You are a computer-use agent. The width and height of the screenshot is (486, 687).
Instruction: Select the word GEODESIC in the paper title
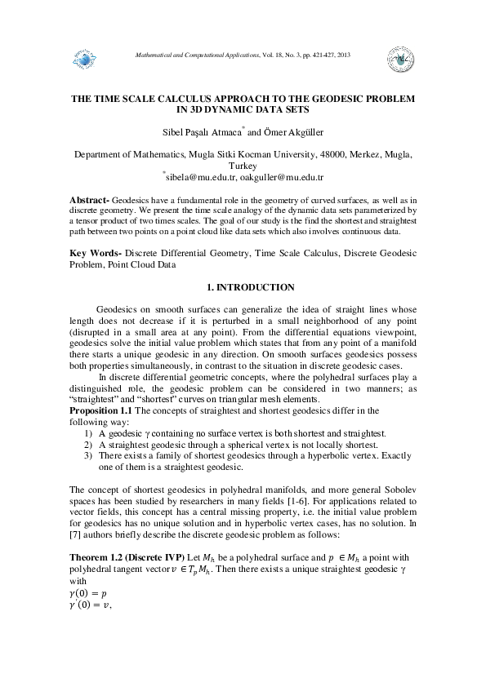point(322,98)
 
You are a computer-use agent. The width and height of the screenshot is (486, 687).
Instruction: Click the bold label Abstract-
point(88,200)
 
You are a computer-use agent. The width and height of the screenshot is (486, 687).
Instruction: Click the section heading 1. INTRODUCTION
point(243,288)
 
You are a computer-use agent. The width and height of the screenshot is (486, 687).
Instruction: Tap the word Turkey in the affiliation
point(243,164)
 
